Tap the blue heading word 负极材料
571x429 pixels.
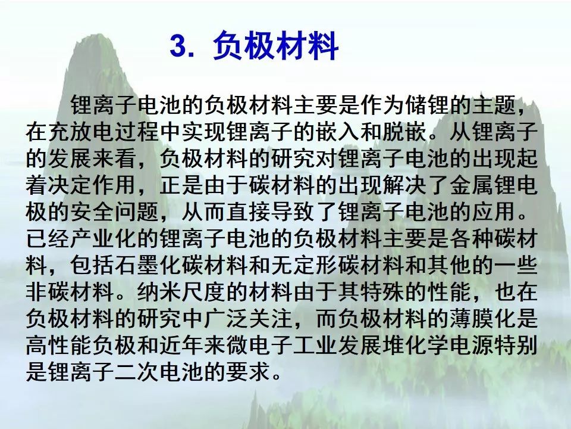pyautogui.click(x=275, y=46)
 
